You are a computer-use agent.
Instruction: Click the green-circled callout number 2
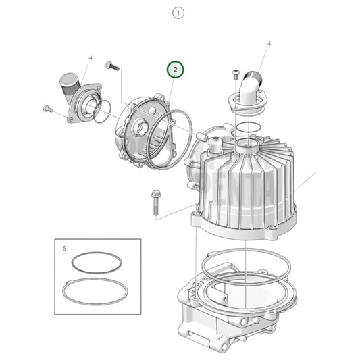point(175,70)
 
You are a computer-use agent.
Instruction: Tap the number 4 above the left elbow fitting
point(91,58)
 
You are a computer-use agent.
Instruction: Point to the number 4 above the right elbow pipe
point(269,44)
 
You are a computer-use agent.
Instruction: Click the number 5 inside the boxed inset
point(64,249)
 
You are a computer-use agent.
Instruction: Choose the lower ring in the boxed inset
point(95,292)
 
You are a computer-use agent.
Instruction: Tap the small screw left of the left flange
point(48,108)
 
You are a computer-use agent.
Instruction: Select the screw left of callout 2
point(111,66)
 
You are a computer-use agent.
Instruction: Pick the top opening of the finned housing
point(251,145)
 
